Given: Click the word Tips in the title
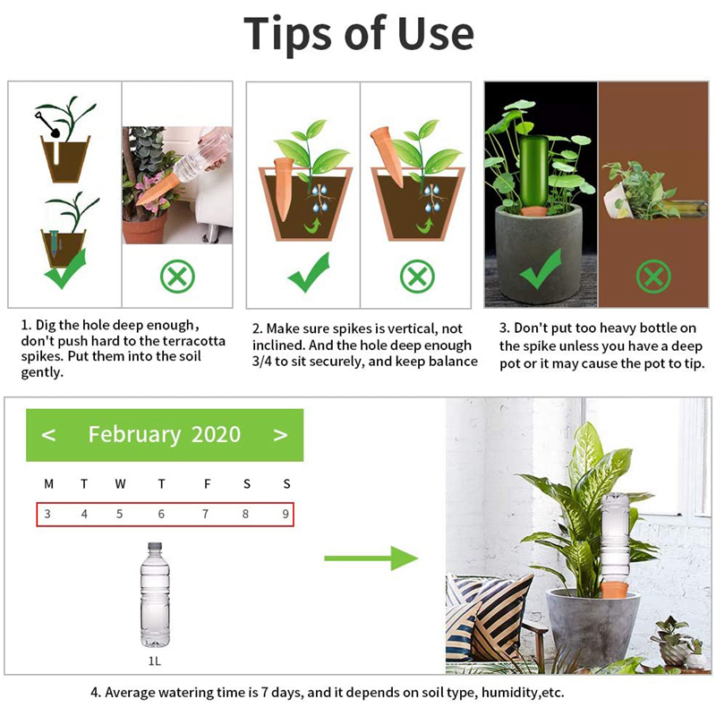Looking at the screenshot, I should [288, 34].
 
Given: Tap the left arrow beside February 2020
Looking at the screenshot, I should [49, 435].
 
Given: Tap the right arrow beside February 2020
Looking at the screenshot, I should [280, 435].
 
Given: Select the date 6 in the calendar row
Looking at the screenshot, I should [161, 515].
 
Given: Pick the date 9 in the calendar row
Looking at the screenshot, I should [286, 515].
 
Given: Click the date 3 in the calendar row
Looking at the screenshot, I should [48, 515].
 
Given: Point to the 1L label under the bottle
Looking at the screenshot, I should [154, 662].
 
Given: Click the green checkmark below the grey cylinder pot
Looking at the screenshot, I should [540, 268].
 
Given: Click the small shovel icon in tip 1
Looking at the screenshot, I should [49, 125].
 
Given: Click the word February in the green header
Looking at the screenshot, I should [134, 435].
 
